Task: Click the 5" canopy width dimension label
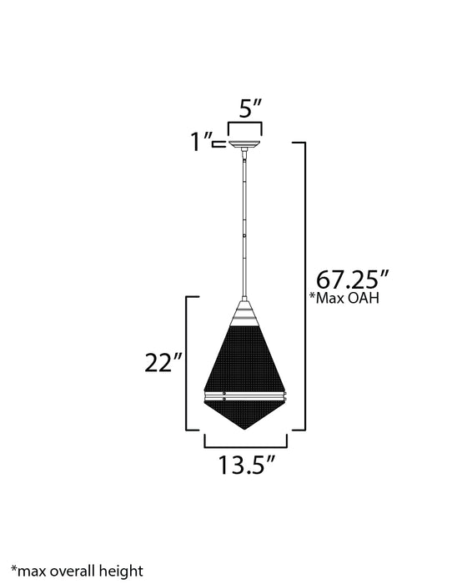coord(246,108)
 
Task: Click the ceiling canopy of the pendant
coord(245,144)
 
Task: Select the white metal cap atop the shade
coord(245,315)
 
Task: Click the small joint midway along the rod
coord(245,236)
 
